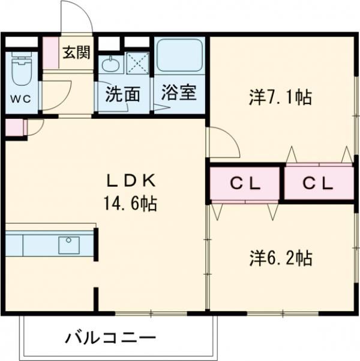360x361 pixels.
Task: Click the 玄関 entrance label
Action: [x=76, y=53]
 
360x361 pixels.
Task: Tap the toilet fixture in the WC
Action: [x=22, y=68]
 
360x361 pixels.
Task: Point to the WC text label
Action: [x=21, y=99]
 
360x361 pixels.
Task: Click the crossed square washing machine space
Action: [x=138, y=63]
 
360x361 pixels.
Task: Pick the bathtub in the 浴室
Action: [x=179, y=55]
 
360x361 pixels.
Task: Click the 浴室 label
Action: [x=179, y=93]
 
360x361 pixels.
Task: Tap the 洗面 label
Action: [x=122, y=94]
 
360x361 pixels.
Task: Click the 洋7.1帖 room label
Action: [x=280, y=97]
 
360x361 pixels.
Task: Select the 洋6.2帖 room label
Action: [x=281, y=258]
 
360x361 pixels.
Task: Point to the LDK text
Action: [x=131, y=181]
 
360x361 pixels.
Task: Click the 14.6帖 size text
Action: [x=131, y=203]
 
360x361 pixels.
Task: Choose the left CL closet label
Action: [x=245, y=183]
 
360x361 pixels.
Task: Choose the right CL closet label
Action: [x=318, y=183]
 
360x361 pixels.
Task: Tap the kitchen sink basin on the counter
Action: [x=69, y=245]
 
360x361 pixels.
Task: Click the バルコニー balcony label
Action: [x=110, y=338]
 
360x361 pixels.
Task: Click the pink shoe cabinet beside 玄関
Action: [x=50, y=53]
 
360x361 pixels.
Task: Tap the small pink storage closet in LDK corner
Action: [x=14, y=127]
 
